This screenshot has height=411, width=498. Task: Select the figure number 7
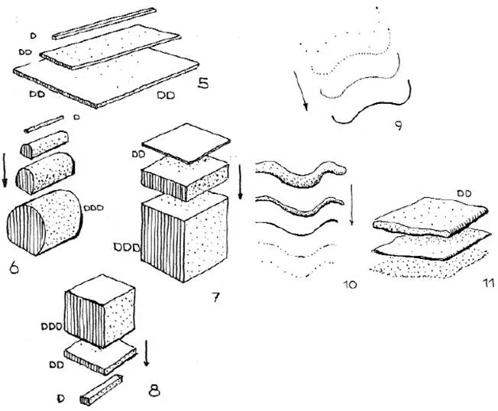click(217, 296)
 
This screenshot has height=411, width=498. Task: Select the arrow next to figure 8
click(147, 353)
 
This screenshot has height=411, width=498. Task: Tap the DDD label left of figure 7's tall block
click(124, 247)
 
